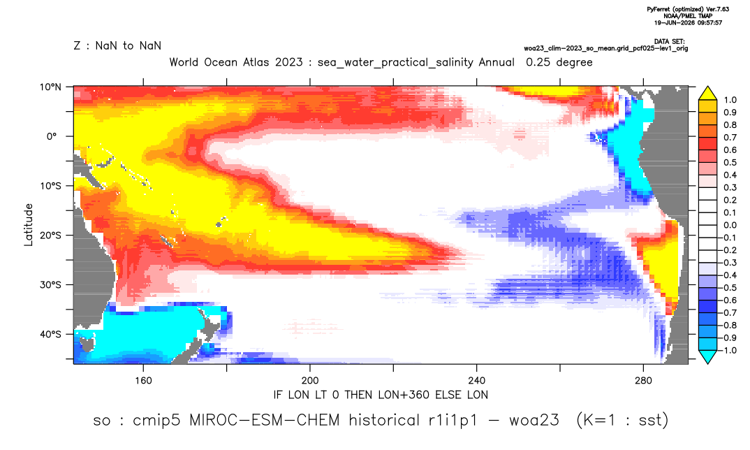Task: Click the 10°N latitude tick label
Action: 50,87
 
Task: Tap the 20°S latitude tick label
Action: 50,235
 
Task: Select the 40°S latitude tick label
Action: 50,334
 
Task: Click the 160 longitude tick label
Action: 143,381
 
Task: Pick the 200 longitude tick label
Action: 310,381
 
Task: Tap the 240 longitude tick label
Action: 477,381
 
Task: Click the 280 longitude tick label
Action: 643,381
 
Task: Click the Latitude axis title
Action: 29,225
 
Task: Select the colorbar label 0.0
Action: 730,225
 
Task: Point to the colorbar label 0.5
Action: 730,163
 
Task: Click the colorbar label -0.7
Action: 728,312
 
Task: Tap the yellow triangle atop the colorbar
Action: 707,94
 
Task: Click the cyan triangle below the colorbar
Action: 707,356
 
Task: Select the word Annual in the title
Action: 497,62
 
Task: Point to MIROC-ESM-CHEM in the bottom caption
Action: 265,421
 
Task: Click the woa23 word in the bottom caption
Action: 534,421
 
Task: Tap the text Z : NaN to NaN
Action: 117,46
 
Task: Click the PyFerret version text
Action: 688,9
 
